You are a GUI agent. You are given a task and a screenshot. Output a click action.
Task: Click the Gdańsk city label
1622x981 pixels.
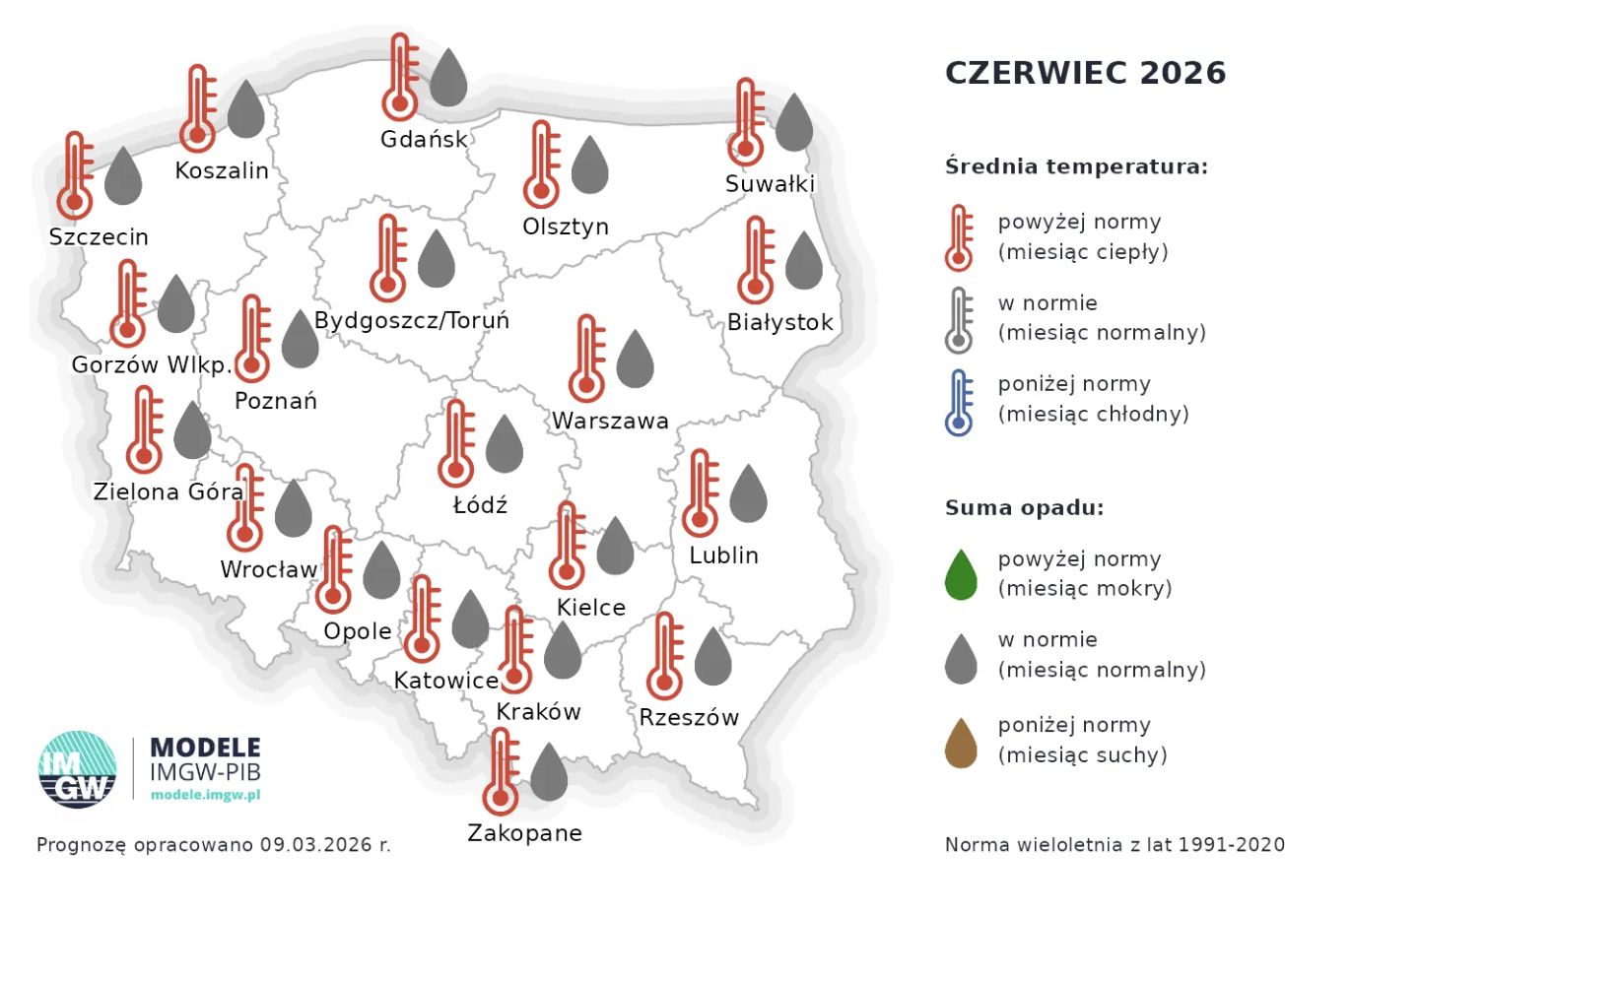(424, 139)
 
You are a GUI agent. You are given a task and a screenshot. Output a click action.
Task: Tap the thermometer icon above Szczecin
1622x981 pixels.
(75, 175)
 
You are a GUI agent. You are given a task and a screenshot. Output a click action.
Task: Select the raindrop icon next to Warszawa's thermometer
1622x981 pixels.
(635, 359)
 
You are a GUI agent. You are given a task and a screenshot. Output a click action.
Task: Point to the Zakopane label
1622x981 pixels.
(524, 833)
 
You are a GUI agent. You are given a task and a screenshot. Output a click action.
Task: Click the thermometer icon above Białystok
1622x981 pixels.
(756, 260)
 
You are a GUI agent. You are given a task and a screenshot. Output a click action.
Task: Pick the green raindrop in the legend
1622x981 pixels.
(961, 575)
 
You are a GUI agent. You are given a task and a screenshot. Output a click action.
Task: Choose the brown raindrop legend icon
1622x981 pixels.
(961, 743)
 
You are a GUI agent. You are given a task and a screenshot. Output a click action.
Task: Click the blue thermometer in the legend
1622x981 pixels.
(959, 402)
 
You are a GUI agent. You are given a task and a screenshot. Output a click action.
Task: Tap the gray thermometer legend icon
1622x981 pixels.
(959, 320)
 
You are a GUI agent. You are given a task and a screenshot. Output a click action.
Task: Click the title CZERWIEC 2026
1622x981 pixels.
(1085, 73)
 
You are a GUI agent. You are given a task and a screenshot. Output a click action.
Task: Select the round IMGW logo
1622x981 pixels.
(78, 769)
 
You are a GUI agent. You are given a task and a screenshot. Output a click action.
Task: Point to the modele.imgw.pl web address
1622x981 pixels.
(205, 795)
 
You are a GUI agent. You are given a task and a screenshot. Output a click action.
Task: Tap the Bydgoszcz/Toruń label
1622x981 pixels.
(412, 321)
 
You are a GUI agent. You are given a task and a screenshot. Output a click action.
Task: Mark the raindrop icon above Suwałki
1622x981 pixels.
(794, 122)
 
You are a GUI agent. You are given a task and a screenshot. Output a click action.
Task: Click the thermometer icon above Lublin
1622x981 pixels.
(701, 492)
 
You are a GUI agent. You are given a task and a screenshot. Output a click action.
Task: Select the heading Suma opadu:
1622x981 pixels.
(1024, 508)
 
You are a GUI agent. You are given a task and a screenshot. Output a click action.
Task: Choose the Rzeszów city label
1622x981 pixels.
(688, 718)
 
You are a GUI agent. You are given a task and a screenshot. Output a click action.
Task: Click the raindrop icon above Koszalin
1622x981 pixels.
(246, 109)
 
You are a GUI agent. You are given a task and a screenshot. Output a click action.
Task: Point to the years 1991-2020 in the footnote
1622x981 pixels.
(1231, 845)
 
